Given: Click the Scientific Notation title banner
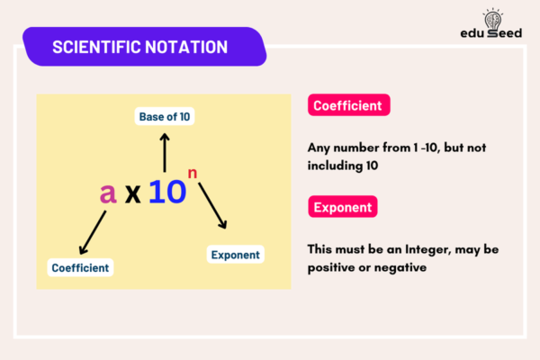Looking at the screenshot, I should pos(144,46).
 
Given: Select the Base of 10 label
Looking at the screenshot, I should pos(165,116).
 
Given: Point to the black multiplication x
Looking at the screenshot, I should pos(134,193).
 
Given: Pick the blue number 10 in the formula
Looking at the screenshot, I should pos(167,191).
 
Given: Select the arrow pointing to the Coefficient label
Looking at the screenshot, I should pos(94,231).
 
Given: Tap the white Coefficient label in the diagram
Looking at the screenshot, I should pos(80,267).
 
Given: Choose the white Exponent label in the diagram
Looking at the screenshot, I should pos(236,255).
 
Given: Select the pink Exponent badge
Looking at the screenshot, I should pos(342,208).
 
